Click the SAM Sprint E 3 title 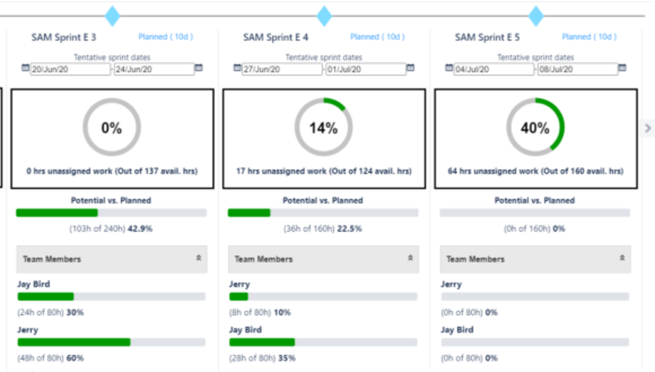click(x=64, y=37)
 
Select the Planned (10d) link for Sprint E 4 click(x=377, y=37)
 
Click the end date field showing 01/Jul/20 click(x=365, y=69)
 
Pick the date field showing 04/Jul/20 click(x=493, y=69)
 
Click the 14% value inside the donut click(x=323, y=128)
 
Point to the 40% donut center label click(x=535, y=128)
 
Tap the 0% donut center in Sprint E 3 click(x=112, y=128)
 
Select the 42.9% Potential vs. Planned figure click(x=140, y=229)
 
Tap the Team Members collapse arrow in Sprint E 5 click(x=622, y=259)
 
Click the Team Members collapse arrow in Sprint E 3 click(x=199, y=259)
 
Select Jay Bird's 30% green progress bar click(x=46, y=296)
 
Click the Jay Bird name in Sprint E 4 click(x=245, y=330)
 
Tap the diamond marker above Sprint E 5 click(x=535, y=16)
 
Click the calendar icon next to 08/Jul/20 click(x=622, y=68)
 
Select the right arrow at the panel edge click(x=647, y=128)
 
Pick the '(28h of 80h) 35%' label click(x=262, y=358)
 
